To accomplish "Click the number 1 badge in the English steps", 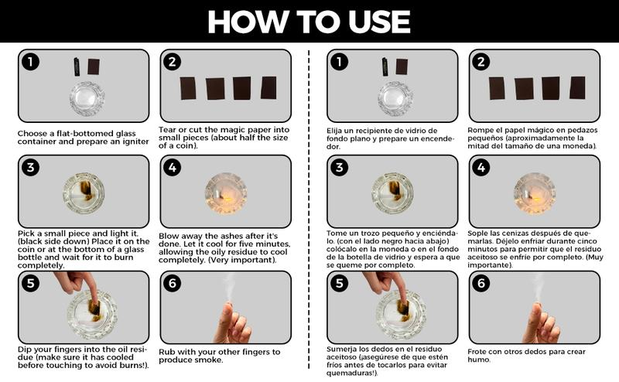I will (x=29, y=62).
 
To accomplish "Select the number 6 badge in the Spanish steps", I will (x=481, y=284).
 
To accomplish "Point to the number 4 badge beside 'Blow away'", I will (x=172, y=168).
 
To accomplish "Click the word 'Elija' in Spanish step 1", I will (x=337, y=130).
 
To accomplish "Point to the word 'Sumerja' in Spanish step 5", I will (x=344, y=350).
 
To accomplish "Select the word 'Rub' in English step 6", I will (x=167, y=351).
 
